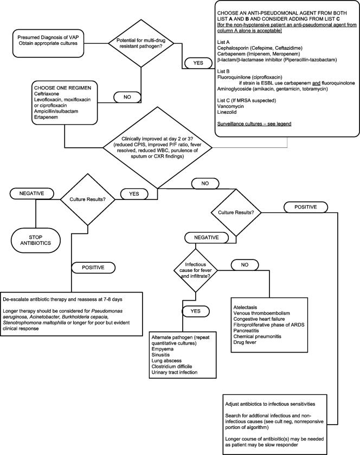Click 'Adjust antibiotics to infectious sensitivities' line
(274, 404)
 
